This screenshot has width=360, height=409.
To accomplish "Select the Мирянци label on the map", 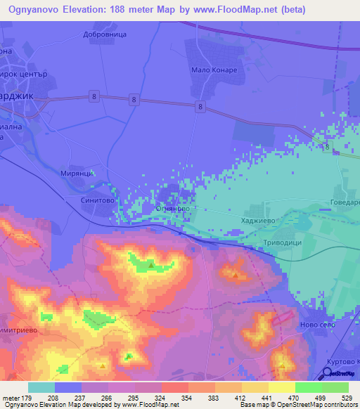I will [x=77, y=173].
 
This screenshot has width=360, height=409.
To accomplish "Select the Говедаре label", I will [x=345, y=202].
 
